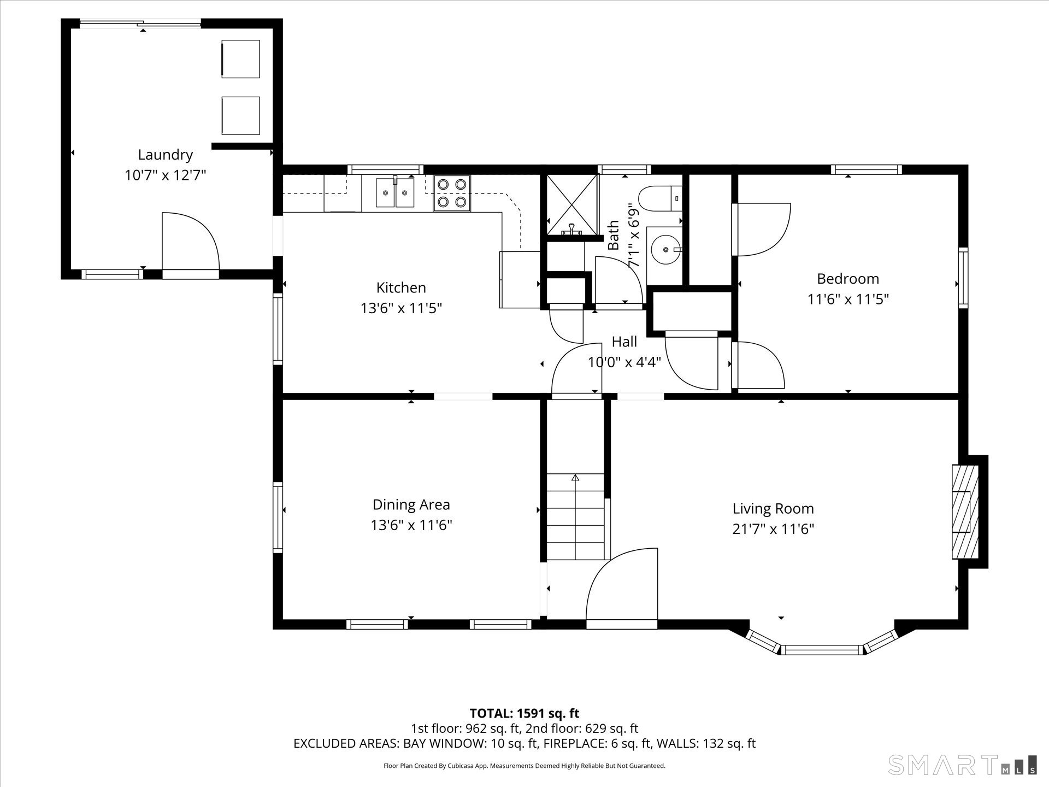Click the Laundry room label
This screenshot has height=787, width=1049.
165,155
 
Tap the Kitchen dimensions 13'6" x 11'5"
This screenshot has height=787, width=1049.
401,308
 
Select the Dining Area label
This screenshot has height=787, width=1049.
411,504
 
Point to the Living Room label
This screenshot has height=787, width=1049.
773,509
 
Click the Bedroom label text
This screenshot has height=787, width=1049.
848,279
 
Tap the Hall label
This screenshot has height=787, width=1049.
624,342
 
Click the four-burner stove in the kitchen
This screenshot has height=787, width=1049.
452,193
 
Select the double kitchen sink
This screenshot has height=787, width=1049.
395,193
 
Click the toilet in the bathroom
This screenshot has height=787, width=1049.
660,198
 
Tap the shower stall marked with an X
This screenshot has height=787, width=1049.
572,205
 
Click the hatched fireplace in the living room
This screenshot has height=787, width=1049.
965,512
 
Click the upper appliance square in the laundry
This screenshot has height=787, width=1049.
240,58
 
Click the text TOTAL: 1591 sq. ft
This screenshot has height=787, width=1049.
524,713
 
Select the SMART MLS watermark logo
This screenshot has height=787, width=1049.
962,765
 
